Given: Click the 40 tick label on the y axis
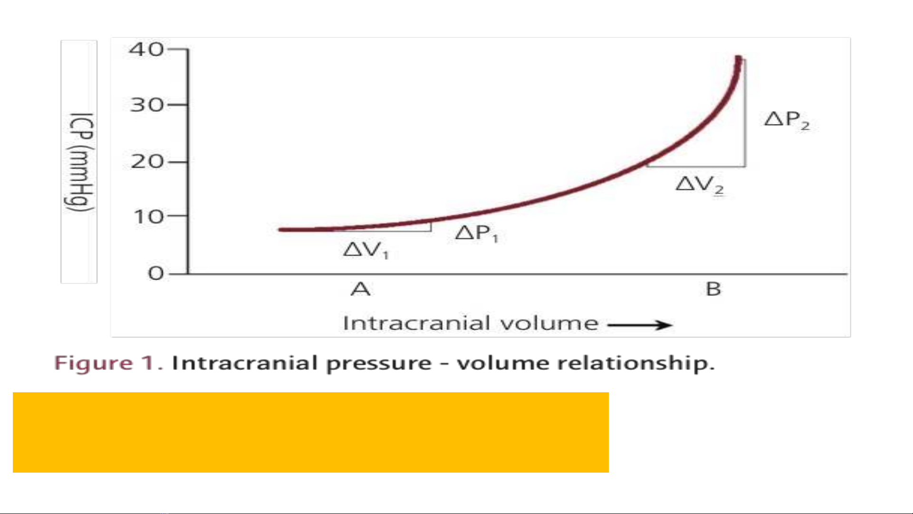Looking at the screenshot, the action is (x=146, y=49).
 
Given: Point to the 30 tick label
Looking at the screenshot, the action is (x=146, y=105).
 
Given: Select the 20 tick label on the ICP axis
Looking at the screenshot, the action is (x=147, y=162).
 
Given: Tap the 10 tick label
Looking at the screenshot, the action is (x=149, y=217).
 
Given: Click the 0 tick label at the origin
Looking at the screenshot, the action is (x=156, y=273).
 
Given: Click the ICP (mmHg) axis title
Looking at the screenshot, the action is (x=79, y=162).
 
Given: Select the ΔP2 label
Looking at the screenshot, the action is (x=787, y=120).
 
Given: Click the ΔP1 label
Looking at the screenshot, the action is (x=477, y=233).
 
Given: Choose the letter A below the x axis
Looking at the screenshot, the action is (x=360, y=289).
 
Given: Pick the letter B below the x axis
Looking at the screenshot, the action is (x=713, y=289).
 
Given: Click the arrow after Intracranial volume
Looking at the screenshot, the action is (x=640, y=325).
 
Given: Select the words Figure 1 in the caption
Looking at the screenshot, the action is (x=108, y=363).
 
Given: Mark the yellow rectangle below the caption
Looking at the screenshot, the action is (x=311, y=432).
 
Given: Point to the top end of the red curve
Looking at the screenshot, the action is (x=738, y=58).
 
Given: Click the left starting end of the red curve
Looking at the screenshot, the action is (x=280, y=230).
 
